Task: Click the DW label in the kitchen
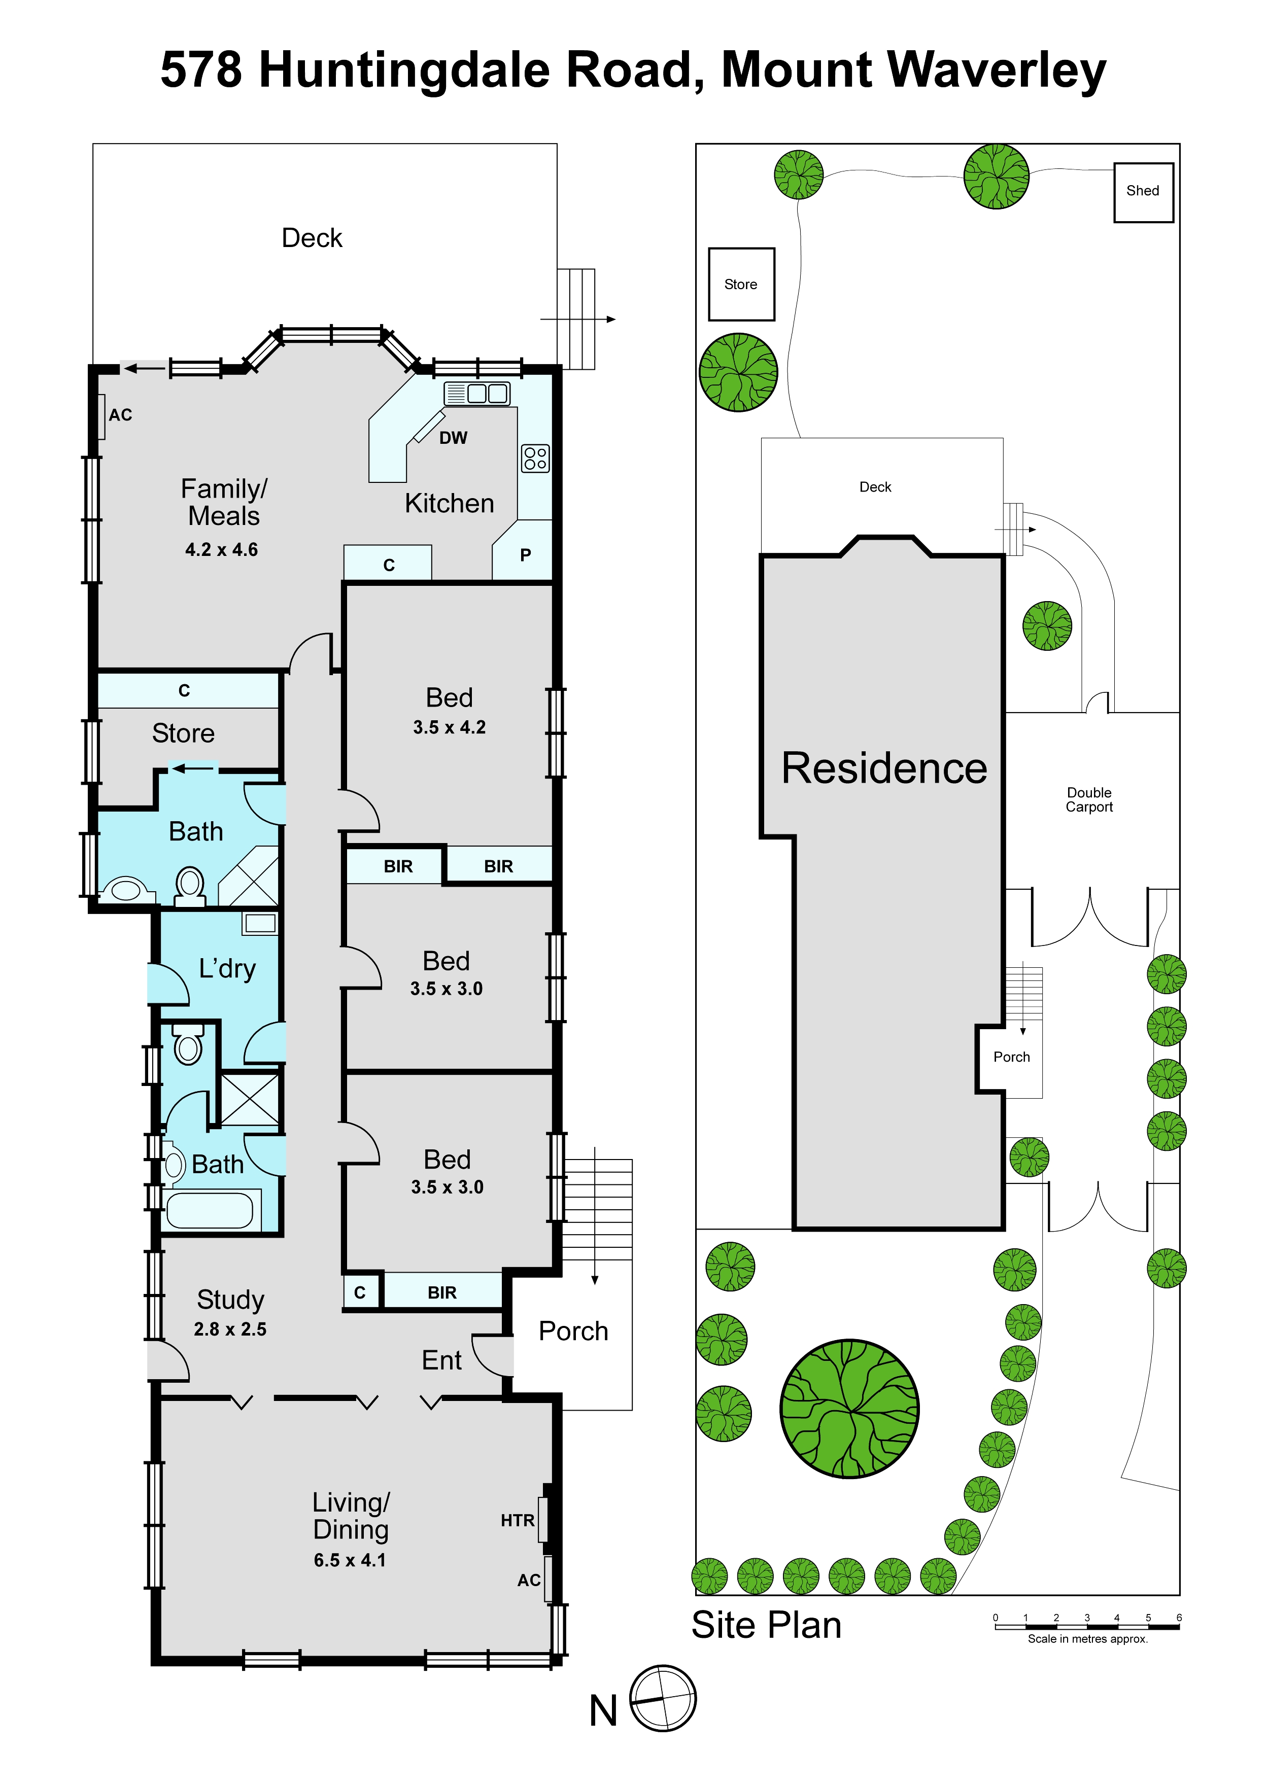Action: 453,438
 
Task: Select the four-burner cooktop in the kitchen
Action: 535,459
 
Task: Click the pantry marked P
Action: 525,554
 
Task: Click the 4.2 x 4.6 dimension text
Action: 222,550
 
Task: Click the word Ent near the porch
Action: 441,1361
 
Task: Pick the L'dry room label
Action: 227,968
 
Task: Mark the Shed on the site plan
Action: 1143,192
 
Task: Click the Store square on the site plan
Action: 741,285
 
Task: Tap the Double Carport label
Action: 1089,799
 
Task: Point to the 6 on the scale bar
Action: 1179,1617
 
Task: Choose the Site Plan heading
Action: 767,1625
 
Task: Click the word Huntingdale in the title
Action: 476,72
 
